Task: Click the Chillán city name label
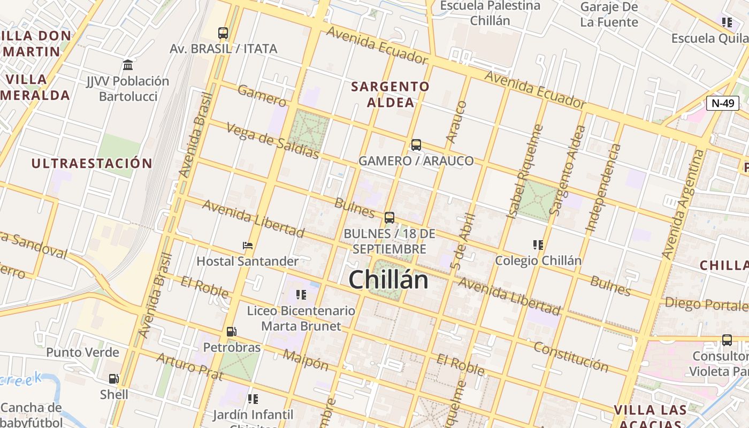tap(388, 280)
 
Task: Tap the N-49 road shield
tap(722, 103)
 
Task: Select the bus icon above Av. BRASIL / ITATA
tap(223, 33)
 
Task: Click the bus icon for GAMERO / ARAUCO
tap(416, 144)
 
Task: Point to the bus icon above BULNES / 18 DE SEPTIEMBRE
tap(389, 218)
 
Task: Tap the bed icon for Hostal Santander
tap(247, 246)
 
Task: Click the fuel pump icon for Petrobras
tap(231, 332)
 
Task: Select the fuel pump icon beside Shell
tap(113, 379)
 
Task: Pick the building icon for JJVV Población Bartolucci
tap(128, 65)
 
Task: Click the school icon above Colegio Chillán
tap(538, 245)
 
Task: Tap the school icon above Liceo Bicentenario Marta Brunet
tap(301, 295)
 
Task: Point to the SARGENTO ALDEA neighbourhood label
tap(391, 94)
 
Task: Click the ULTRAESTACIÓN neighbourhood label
tap(91, 163)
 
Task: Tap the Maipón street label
tap(305, 360)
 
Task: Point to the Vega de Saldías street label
tap(272, 141)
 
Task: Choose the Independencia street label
tap(603, 187)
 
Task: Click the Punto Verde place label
tap(82, 352)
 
